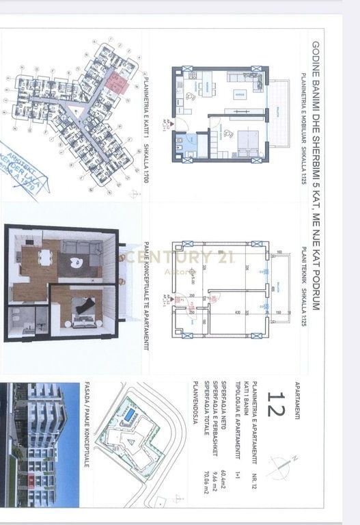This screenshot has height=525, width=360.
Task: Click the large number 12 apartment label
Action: click(278, 404)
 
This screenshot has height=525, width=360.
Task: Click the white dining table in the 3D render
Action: click(44, 258)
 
